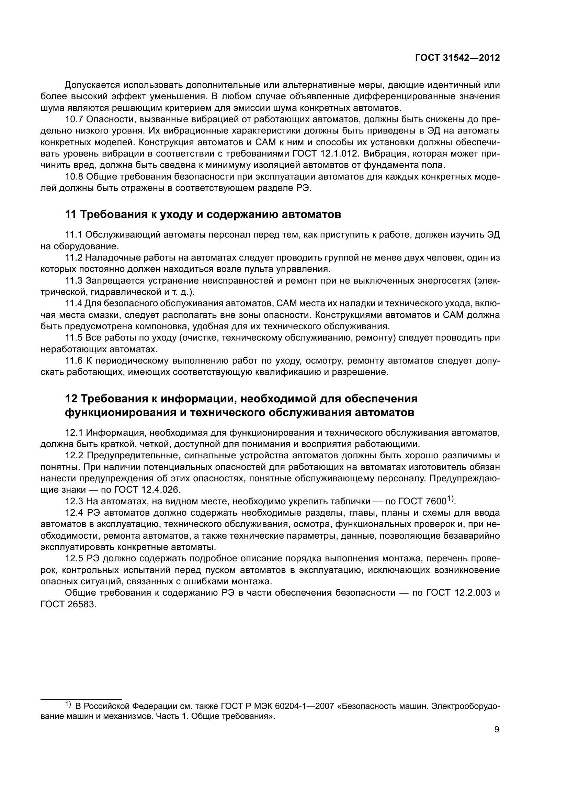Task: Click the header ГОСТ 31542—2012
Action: [457, 58]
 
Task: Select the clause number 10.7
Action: [74, 119]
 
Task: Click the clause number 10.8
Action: [74, 177]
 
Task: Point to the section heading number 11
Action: [71, 214]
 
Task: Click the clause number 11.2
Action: [74, 258]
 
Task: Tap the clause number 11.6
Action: [74, 360]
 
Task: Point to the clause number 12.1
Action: [74, 433]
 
